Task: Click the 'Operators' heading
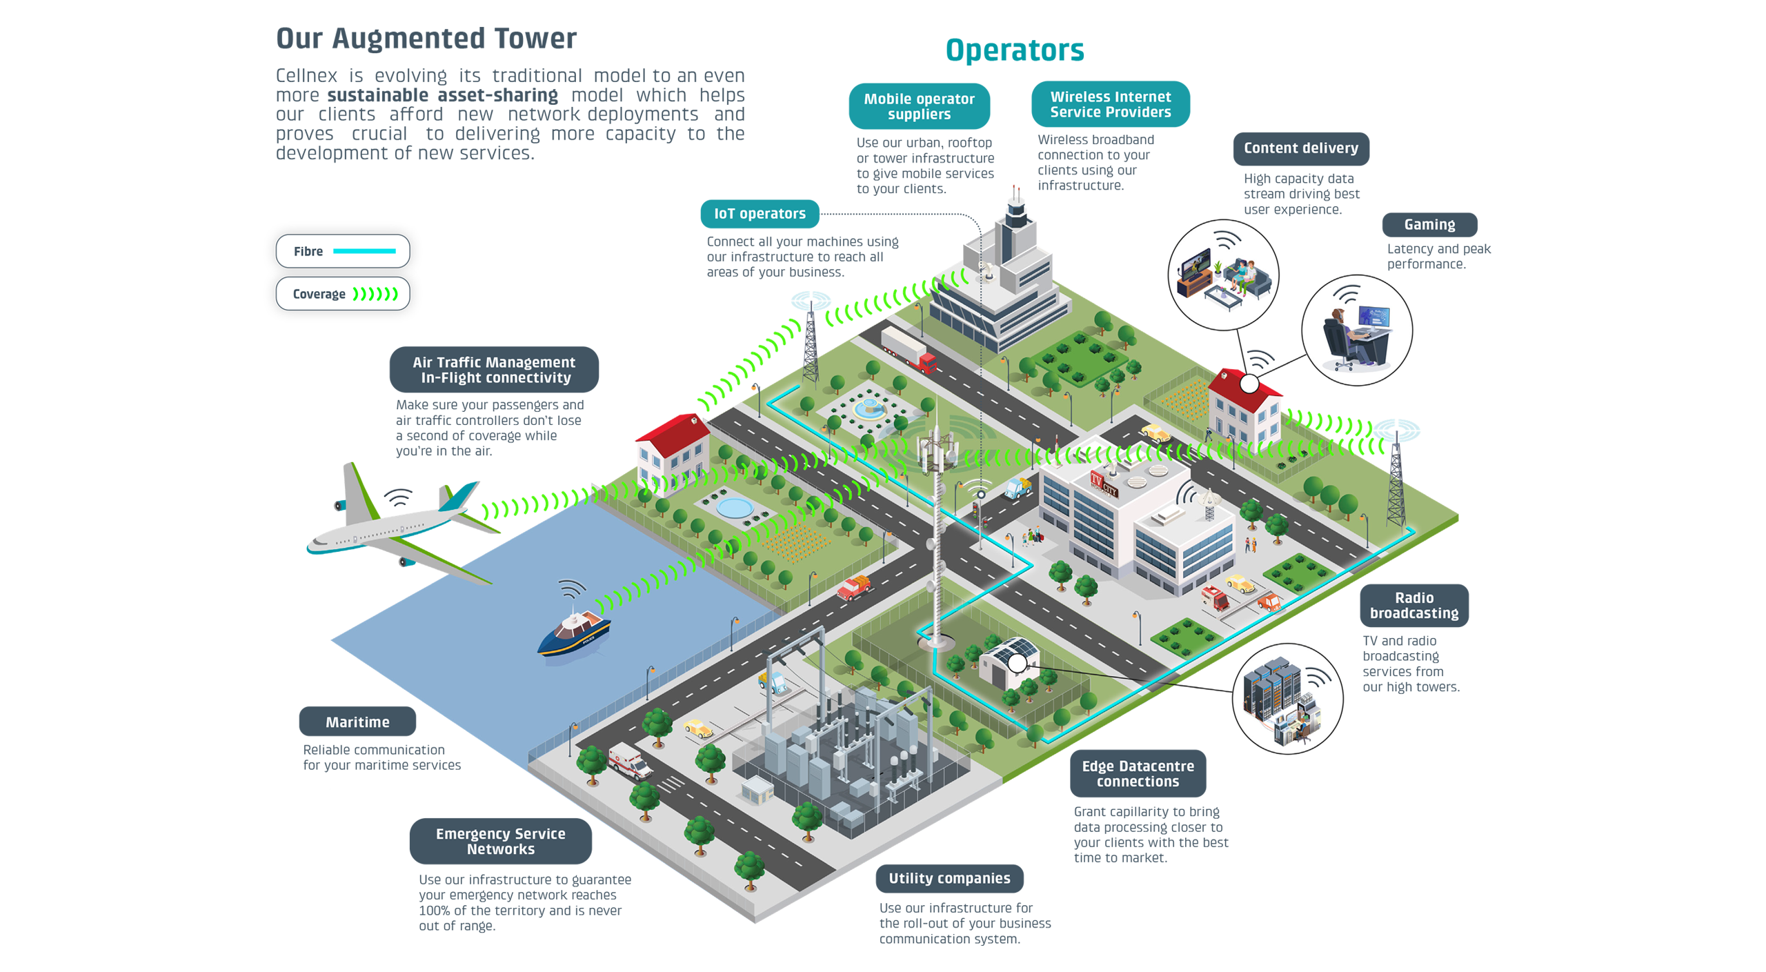pyautogui.click(x=1014, y=50)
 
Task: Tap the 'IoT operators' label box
pyautogui.click(x=760, y=214)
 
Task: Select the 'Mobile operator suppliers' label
pyautogui.click(x=919, y=106)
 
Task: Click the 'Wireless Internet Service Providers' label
pyautogui.click(x=1110, y=104)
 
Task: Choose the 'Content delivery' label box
pyautogui.click(x=1300, y=148)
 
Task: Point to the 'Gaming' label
pyautogui.click(x=1429, y=225)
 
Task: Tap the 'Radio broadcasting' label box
pyautogui.click(x=1413, y=605)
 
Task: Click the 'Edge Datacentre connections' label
pyautogui.click(x=1138, y=773)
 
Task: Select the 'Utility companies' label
pyautogui.click(x=949, y=878)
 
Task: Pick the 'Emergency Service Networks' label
pyautogui.click(x=500, y=841)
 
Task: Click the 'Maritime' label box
pyautogui.click(x=357, y=722)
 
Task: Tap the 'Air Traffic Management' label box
pyautogui.click(x=494, y=370)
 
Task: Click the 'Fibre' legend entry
pyautogui.click(x=343, y=251)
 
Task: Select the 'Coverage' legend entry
pyautogui.click(x=343, y=294)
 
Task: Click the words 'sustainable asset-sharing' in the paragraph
pyautogui.click(x=442, y=95)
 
